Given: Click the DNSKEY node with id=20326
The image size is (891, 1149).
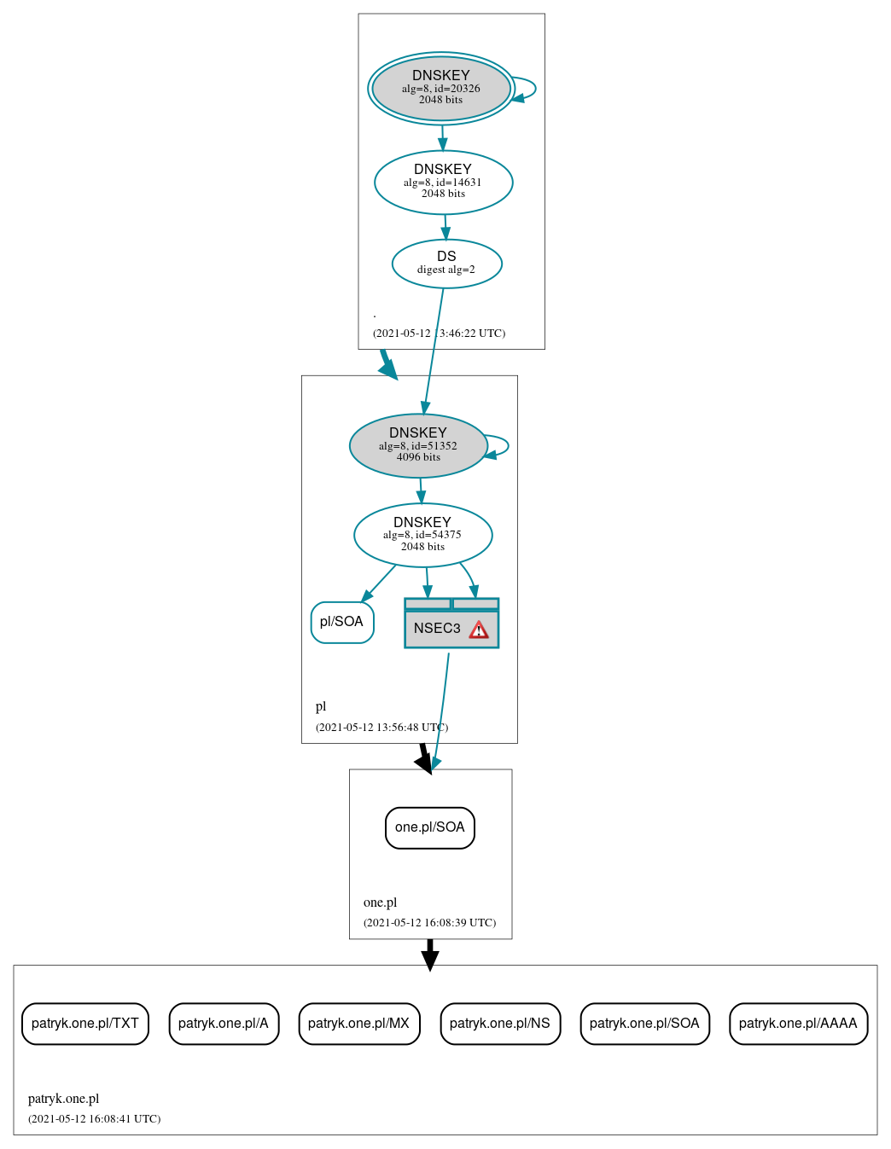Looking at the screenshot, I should coord(441,88).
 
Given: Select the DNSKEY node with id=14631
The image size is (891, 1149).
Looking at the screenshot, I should coord(443,182).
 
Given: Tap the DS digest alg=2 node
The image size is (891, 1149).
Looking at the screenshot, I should coord(446,264).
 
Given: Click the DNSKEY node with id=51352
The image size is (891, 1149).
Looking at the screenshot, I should coord(418,445).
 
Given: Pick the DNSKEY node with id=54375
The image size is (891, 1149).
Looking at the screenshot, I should coord(422,535).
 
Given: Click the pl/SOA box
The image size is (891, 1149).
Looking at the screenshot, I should coord(342,622).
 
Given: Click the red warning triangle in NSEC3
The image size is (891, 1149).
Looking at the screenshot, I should coord(479,630).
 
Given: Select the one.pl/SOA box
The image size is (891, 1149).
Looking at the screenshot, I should coord(430,827).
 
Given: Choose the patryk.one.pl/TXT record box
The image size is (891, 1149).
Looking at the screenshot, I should coord(85,1024).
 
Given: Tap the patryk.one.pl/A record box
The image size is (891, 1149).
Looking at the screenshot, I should coord(224,1024).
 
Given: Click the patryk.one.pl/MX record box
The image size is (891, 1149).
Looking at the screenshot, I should coord(358,1024).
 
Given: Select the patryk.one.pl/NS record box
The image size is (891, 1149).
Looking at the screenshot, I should coord(500,1024).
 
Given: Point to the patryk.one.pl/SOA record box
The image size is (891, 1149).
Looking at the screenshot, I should coord(644,1024).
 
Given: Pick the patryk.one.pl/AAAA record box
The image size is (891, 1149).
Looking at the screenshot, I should coord(798,1024).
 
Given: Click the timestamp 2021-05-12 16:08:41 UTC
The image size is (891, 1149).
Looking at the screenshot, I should coord(94,1119).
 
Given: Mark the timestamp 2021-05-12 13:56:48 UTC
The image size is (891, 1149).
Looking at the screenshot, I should coord(381,728).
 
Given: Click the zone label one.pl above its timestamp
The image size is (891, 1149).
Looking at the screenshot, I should coord(380,902).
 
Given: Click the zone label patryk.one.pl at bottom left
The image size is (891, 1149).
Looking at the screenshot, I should coord(63,1099).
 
